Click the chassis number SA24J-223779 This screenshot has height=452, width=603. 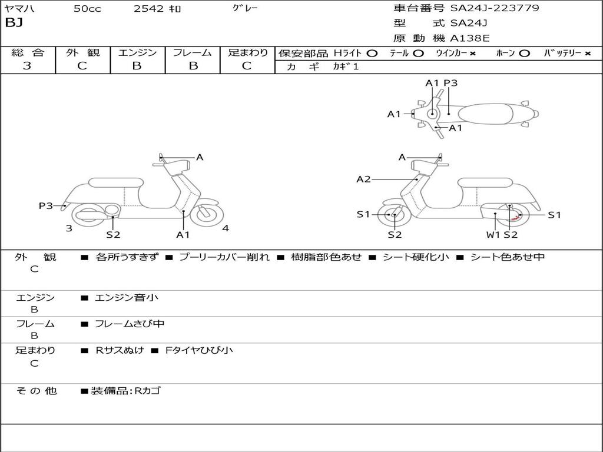pos(495,8)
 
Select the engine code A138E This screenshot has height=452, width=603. pos(469,38)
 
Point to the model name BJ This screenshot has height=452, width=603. pos(13,23)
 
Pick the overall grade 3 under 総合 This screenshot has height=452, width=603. pos(27,66)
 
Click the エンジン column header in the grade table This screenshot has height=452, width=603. pos(137,52)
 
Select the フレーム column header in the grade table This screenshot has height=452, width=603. pos(193,52)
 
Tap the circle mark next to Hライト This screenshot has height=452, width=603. pos(372,53)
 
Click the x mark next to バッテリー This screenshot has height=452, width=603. pos(587,53)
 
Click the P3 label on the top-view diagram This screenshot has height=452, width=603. pos(450,83)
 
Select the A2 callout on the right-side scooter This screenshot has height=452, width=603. pos(364,179)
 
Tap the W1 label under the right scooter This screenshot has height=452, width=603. pos(493,234)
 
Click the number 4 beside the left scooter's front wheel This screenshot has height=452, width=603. pos(226,228)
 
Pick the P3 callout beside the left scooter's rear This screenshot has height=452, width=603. pos(46,205)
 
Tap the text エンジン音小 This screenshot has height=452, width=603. pos(127,298)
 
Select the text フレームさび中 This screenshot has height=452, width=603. pos(130,324)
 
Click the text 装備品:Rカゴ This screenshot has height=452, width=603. pos(125,391)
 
